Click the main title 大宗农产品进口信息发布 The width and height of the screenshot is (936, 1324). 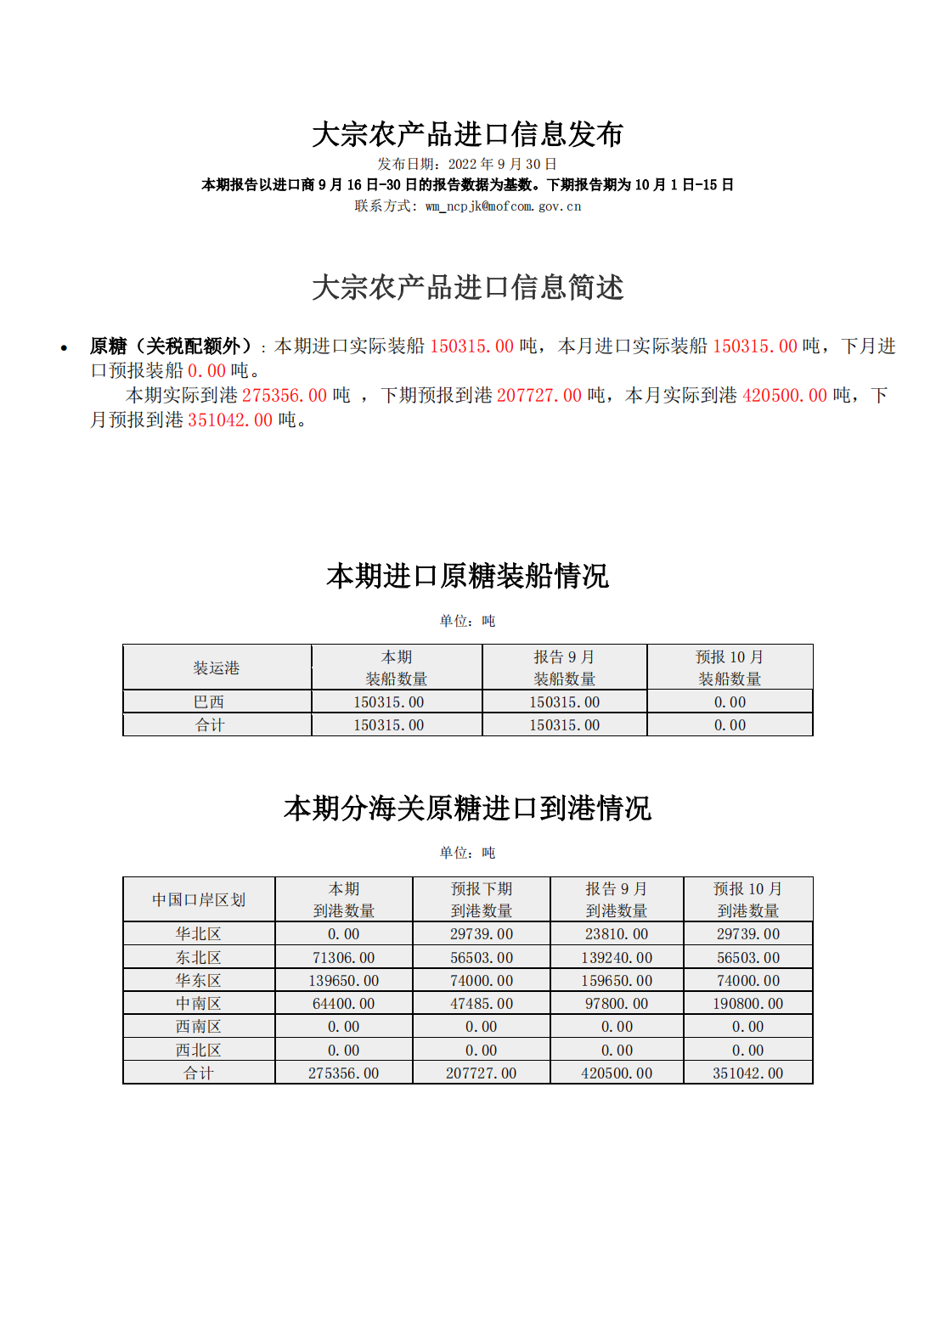click(467, 134)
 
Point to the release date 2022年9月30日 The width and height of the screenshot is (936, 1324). click(502, 164)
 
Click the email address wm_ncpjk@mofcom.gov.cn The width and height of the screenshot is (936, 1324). click(503, 206)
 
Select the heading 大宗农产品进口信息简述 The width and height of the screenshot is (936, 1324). click(467, 287)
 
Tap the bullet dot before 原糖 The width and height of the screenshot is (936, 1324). click(64, 347)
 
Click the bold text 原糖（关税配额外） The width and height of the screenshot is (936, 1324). click(171, 346)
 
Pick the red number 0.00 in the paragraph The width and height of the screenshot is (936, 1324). click(206, 370)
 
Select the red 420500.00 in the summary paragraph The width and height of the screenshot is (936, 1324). click(784, 395)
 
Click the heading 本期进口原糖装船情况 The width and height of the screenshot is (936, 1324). click(467, 576)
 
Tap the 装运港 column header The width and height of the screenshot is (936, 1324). click(217, 668)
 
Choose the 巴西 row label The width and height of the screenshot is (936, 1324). click(209, 701)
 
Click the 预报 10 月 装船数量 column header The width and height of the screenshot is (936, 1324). click(730, 668)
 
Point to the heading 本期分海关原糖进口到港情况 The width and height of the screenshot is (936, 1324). click(467, 808)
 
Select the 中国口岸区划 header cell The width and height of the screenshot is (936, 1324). click(199, 899)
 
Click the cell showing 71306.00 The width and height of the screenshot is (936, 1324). click(343, 957)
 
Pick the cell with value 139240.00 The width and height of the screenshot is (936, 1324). click(617, 957)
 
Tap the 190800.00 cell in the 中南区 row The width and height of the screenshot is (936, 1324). click(747, 1003)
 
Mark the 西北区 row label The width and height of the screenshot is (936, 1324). click(199, 1050)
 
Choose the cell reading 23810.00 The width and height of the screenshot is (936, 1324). click(617, 933)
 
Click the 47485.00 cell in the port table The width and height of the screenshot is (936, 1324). click(482, 1003)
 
